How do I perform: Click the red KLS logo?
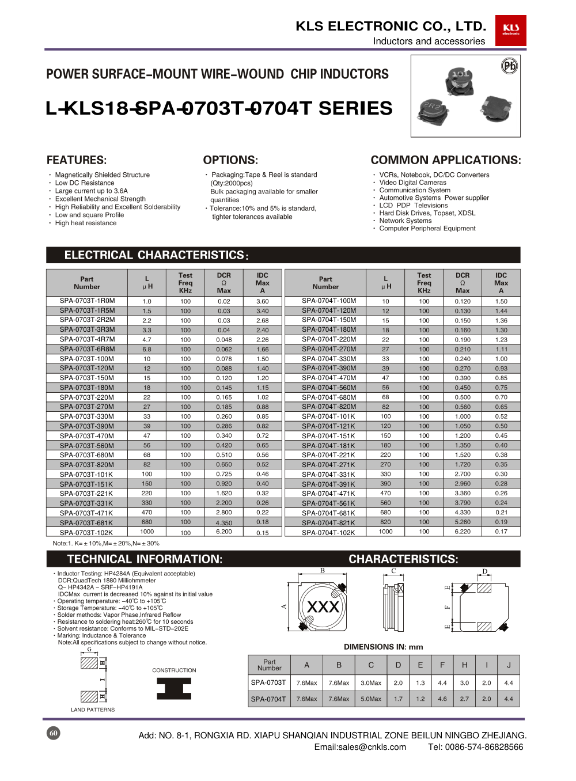point(510,30)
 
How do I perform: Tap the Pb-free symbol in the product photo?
point(510,66)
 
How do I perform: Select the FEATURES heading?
point(77,160)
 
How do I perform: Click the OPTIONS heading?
point(230,160)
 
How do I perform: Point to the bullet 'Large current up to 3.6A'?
point(91,191)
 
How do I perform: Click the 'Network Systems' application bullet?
point(405,221)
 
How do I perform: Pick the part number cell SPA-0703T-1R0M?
point(87,301)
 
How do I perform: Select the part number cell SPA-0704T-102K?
point(328,532)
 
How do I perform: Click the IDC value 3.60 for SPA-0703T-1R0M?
point(262,301)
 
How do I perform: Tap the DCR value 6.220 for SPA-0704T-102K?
point(462,532)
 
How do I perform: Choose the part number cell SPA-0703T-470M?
point(87,436)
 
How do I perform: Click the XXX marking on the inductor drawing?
point(323,606)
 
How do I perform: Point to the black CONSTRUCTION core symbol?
point(174,688)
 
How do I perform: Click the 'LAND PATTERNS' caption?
point(93,710)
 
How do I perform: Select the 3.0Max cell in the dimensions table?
point(371,683)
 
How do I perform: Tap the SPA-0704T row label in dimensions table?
point(268,699)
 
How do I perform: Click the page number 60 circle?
point(54,733)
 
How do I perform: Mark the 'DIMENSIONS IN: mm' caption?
point(383,647)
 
